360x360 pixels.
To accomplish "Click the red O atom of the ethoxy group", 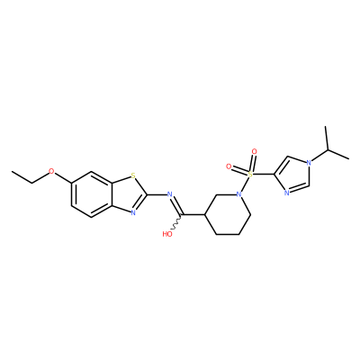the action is point(51,172).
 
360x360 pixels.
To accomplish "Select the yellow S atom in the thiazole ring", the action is point(133,175).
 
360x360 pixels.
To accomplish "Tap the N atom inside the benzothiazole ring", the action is point(133,212).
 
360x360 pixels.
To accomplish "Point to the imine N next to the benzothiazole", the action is point(169,193).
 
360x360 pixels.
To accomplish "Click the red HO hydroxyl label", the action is point(167,234).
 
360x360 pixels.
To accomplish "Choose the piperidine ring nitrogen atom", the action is point(238,193).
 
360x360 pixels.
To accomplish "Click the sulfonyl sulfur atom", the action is point(248,174).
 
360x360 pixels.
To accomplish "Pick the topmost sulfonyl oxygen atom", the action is point(255,151).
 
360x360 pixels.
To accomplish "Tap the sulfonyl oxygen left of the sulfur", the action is point(229,166).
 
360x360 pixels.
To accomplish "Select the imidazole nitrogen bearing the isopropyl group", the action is point(308,164).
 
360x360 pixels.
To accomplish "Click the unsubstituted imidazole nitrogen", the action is point(286,193).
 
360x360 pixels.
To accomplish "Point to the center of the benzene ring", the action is point(91,194).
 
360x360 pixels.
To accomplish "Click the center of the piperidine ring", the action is point(228,214).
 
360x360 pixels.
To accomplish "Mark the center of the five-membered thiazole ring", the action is point(129,193).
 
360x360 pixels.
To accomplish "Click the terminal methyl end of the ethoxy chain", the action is point(12,172).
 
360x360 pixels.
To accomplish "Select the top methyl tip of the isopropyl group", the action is point(326,127).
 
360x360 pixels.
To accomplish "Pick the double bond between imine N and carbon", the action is point(175,205).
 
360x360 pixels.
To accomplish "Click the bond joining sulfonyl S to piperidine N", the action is point(244,184).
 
